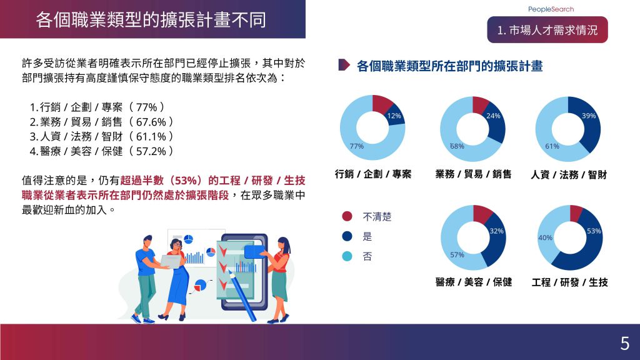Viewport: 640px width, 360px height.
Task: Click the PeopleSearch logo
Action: tap(551, 9)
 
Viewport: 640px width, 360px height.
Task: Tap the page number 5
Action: tap(624, 344)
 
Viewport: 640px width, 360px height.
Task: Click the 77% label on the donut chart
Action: tap(356, 146)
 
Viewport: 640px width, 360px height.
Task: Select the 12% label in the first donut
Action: tap(394, 116)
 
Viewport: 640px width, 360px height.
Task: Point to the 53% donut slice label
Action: tap(594, 231)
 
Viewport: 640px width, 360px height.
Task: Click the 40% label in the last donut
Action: tap(545, 237)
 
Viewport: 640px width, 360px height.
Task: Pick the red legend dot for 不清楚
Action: tap(347, 216)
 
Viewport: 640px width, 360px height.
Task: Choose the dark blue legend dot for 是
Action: tap(347, 236)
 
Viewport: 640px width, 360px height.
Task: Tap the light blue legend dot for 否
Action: tap(347, 256)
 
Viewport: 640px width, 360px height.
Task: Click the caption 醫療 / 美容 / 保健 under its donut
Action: tap(474, 282)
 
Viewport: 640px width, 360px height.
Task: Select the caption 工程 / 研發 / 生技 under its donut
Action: tap(569, 282)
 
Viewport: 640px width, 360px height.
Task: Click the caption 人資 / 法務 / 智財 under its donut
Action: tap(569, 175)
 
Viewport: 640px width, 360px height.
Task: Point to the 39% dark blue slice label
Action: tap(589, 116)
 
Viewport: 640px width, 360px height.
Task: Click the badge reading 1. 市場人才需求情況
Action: tap(547, 30)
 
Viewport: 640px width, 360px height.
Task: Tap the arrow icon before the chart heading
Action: tap(344, 65)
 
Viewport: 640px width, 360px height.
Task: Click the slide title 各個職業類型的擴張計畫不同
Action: tap(151, 19)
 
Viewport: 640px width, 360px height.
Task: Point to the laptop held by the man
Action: tap(171, 261)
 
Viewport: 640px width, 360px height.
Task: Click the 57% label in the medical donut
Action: tap(457, 255)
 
